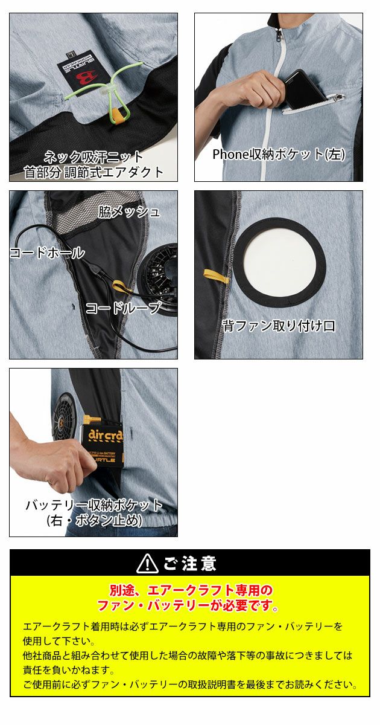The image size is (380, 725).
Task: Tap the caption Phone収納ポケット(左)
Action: click(278, 155)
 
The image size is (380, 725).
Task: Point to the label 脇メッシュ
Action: click(128, 211)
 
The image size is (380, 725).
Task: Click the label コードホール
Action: click(47, 253)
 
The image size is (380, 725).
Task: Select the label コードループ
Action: click(123, 308)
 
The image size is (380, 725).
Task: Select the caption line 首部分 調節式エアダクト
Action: click(93, 172)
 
